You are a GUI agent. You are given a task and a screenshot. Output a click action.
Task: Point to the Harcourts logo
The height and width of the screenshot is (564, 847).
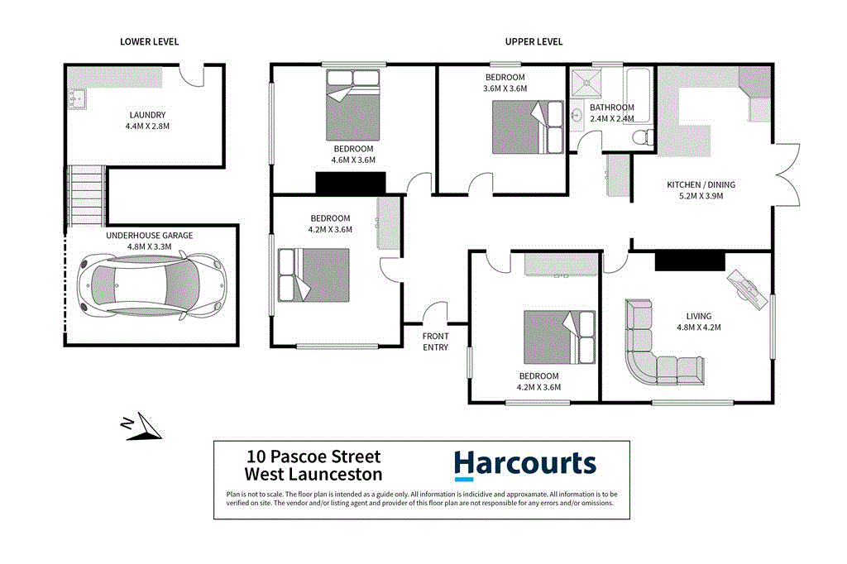tap(524, 465)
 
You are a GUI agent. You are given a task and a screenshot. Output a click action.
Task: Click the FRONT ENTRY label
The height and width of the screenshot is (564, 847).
tap(435, 342)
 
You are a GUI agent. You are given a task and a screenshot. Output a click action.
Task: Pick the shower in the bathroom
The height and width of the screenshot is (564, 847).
tap(589, 83)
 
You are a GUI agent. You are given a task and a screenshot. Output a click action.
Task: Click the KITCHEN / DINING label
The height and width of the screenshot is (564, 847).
tap(701, 184)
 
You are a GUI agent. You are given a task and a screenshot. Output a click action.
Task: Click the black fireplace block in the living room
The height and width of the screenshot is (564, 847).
tap(689, 261)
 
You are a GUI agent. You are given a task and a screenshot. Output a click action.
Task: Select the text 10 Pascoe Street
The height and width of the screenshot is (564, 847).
tap(313, 456)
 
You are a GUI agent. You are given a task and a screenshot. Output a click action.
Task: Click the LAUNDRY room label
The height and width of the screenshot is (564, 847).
tap(147, 115)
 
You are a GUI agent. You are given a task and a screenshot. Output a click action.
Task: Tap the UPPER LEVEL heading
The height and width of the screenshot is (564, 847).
tap(534, 41)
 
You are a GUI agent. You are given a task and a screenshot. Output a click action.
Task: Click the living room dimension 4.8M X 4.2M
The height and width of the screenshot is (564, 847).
tap(698, 327)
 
